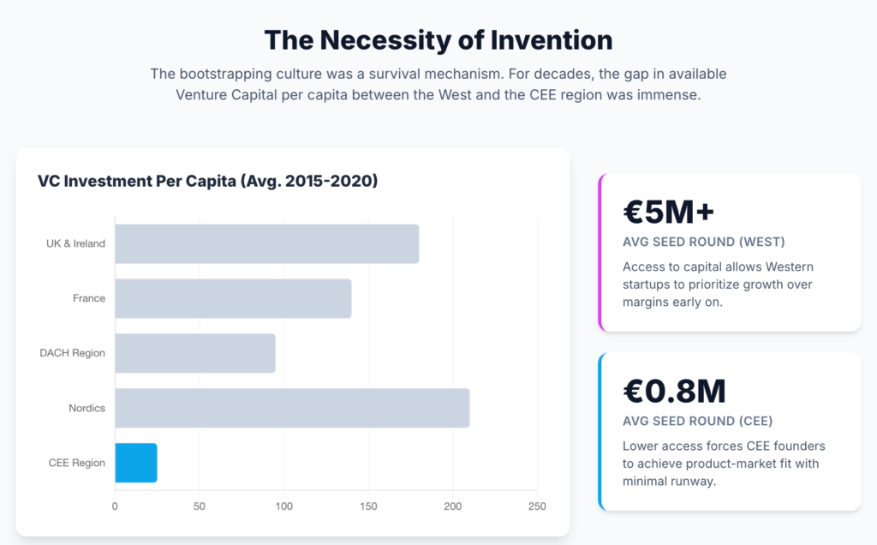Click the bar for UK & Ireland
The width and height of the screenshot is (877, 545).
pos(266,243)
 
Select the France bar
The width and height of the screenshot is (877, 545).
pos(233,298)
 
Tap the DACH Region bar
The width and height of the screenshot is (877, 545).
pos(195,353)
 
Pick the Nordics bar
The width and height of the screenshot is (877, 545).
pos(292,408)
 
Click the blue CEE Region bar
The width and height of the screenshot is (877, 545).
pos(136,463)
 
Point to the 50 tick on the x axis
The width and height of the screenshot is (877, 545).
pos(200,506)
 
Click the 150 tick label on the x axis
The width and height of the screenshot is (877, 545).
pos(368,506)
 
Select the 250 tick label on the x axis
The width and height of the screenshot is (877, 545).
pos(537,506)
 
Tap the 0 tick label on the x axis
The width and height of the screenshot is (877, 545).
pos(116,506)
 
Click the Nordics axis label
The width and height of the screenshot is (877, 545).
pos(87,408)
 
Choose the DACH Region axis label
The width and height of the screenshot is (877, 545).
pos(73,353)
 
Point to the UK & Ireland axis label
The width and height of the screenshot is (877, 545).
pos(75,243)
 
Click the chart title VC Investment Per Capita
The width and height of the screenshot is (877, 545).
pos(207,181)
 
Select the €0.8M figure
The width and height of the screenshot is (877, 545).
pos(674,391)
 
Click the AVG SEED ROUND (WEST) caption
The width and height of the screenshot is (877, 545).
pos(704,243)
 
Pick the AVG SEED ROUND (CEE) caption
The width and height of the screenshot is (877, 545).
pos(697,421)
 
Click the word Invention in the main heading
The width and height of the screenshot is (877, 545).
pos(551,39)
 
